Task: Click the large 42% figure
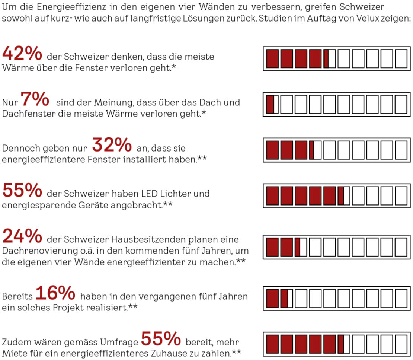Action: pyautogui.click(x=22, y=53)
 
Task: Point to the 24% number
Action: pyautogui.click(x=22, y=236)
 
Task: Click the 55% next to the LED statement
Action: pyautogui.click(x=22, y=191)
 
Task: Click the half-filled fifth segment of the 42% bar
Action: pyautogui.click(x=329, y=58)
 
